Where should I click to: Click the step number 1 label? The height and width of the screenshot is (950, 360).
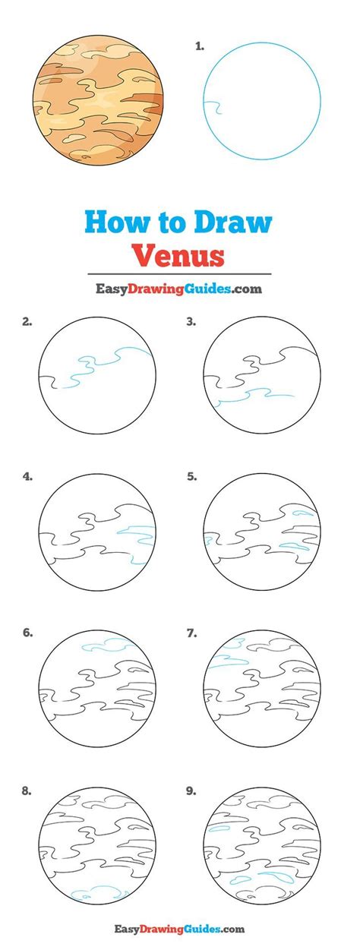199,47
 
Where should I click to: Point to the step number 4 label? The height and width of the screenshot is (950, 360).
27,477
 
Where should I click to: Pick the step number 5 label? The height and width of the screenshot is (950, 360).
192,477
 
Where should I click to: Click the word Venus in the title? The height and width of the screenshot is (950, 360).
179,254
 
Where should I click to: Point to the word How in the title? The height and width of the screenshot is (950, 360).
112,223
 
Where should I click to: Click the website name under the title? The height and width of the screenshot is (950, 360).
178,289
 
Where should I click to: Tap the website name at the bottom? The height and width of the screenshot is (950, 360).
178,928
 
